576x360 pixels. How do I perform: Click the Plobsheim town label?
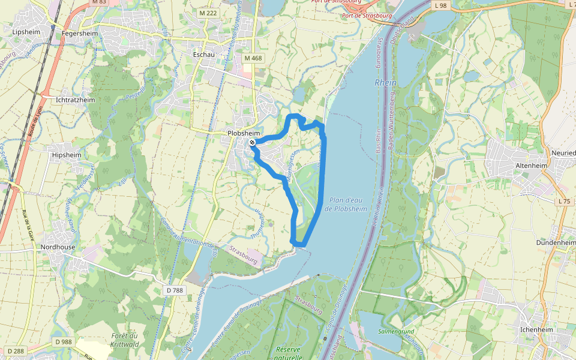pyautogui.click(x=244, y=133)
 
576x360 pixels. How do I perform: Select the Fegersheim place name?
pyautogui.click(x=80, y=34)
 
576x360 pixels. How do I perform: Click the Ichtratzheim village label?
pyautogui.click(x=75, y=100)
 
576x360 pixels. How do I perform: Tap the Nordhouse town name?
pyautogui.click(x=58, y=247)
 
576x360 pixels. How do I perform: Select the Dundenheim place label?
pyautogui.click(x=556, y=243)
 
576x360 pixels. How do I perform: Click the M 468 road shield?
pyautogui.click(x=253, y=58)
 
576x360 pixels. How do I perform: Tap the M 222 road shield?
pyautogui.click(x=208, y=13)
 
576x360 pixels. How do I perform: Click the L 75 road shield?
pyautogui.click(x=563, y=202)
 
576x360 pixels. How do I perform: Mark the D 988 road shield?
pyautogui.click(x=63, y=342)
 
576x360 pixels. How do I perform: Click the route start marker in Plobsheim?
pyautogui.click(x=253, y=142)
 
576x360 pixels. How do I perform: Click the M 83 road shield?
pyautogui.click(x=99, y=2)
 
